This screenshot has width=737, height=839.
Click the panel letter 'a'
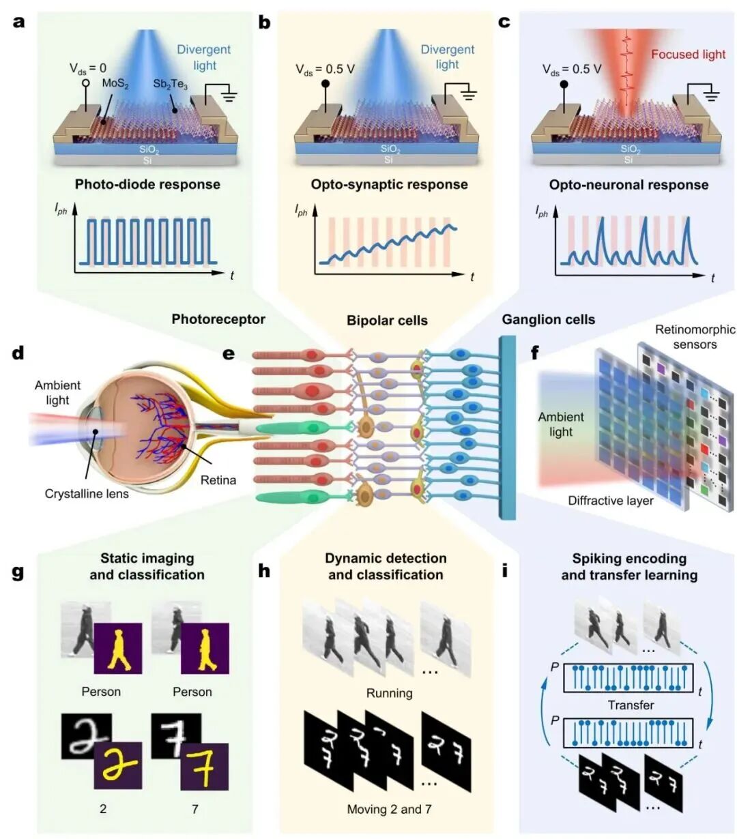tap(19, 23)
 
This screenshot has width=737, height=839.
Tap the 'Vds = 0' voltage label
tap(87, 68)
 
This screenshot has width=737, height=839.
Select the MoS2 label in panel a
tap(115, 84)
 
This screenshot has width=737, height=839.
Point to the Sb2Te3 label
tap(170, 84)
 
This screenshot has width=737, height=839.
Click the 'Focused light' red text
tap(688, 55)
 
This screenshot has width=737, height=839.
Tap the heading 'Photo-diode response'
tap(147, 184)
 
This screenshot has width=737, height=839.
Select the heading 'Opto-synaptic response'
tap(390, 184)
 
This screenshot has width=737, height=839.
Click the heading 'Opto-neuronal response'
tap(629, 185)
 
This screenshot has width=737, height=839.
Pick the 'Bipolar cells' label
tap(387, 320)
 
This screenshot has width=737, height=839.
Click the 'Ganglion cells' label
tap(549, 320)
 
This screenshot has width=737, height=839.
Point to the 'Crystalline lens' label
tap(87, 494)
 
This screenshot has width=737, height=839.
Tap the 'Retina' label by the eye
tap(218, 480)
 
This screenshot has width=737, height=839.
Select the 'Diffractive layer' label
tap(611, 501)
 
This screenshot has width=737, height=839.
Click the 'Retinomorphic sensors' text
tap(695, 337)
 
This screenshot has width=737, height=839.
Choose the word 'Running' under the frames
tap(390, 693)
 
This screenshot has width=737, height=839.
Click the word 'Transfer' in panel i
tap(631, 705)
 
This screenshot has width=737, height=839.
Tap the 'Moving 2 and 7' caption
tap(390, 809)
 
